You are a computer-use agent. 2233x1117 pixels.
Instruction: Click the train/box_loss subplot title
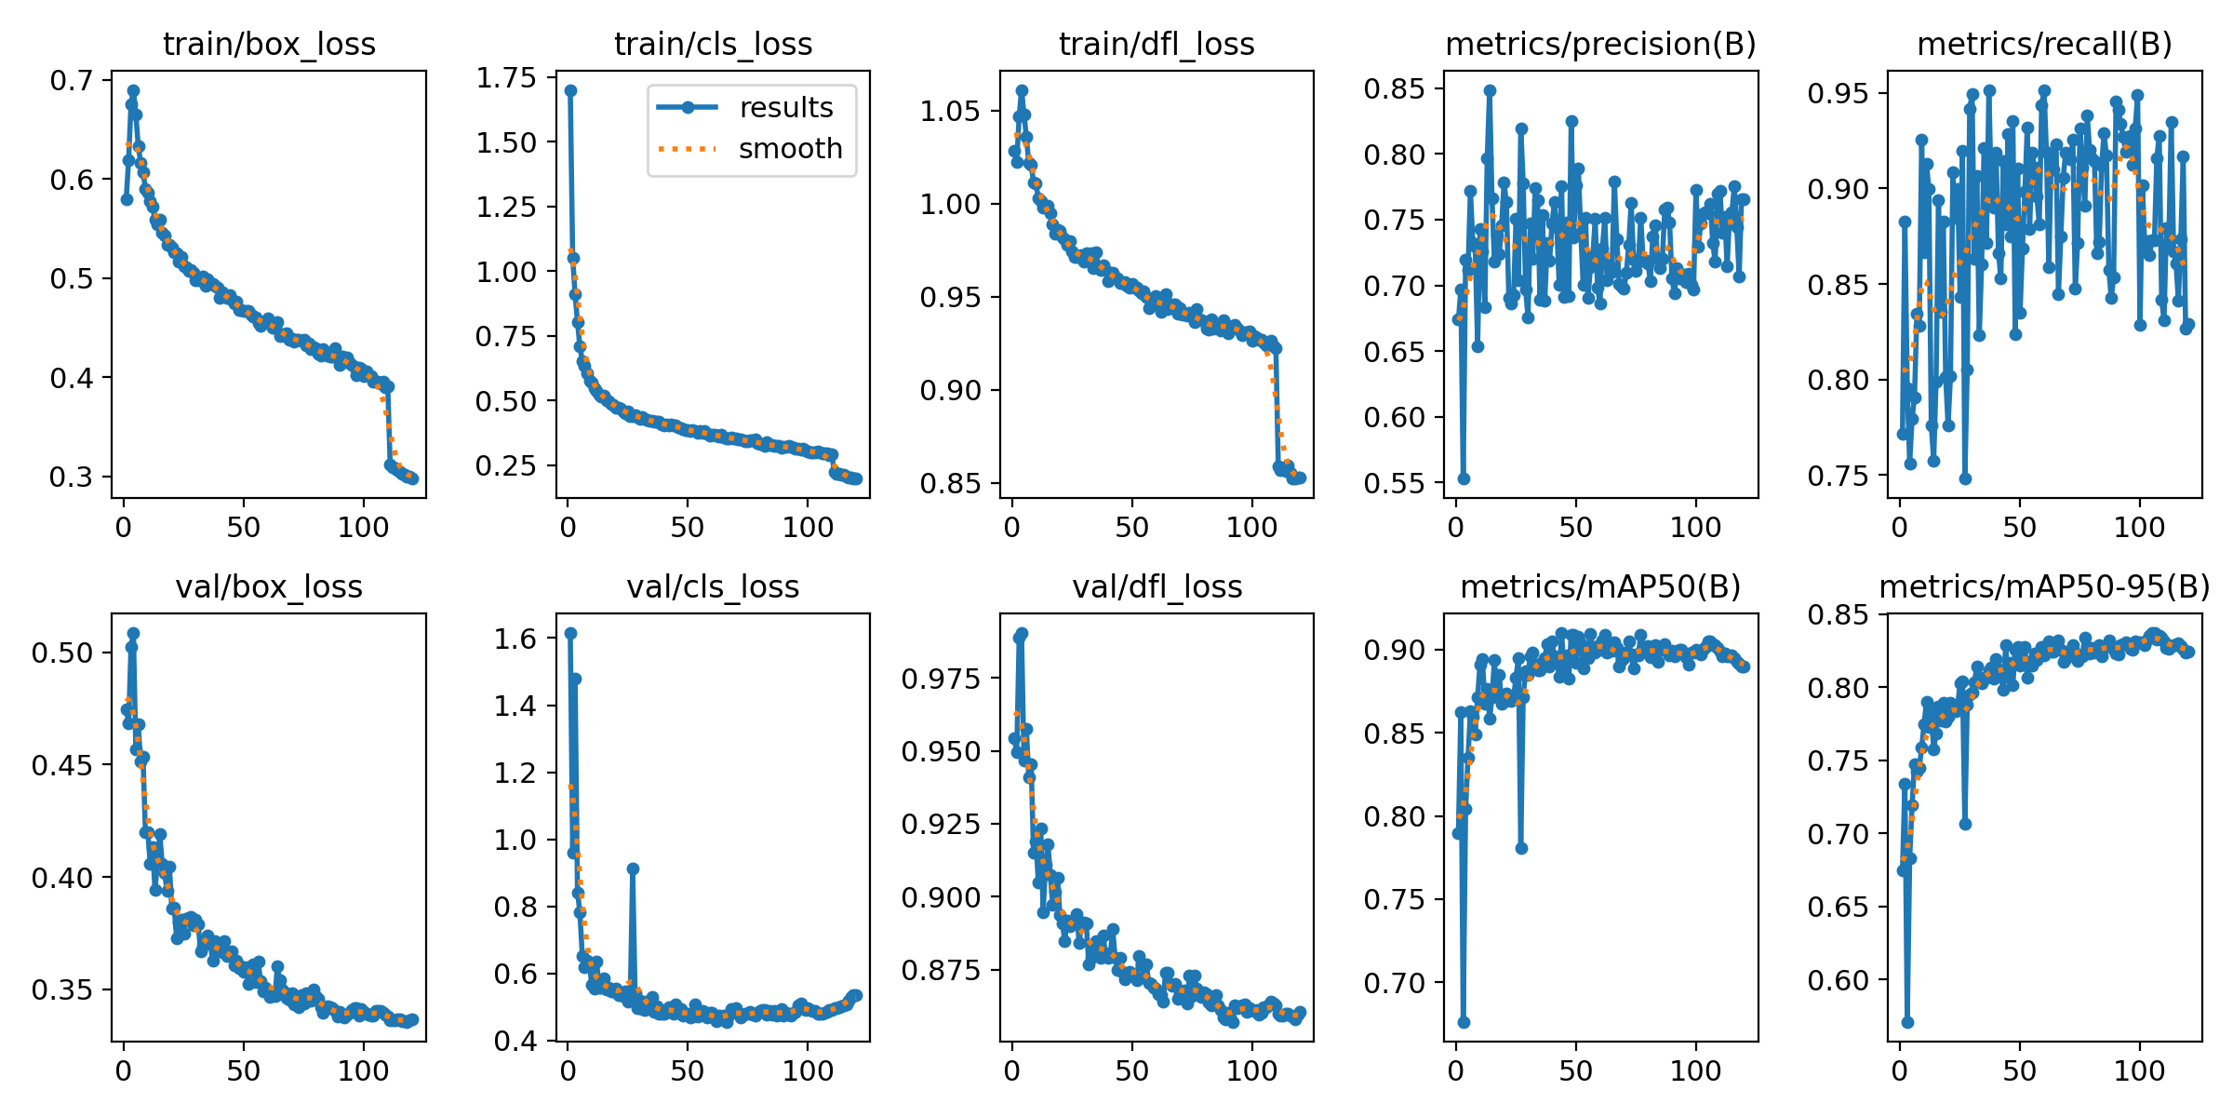[269, 44]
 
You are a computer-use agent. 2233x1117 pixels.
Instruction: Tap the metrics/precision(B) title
[1600, 44]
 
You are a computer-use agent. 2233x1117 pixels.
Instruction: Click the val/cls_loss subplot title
[713, 586]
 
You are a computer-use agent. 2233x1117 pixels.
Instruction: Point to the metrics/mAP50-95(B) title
[2044, 586]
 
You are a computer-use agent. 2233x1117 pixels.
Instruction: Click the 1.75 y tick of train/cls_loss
[507, 78]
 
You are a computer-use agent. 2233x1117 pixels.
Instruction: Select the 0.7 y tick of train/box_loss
[73, 81]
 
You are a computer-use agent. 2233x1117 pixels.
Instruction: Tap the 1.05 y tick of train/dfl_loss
[950, 112]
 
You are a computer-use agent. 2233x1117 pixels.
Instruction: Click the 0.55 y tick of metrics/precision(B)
[1394, 483]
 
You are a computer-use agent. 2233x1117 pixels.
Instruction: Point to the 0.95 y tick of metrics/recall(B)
[1838, 93]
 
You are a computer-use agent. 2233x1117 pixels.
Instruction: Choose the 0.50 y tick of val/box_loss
[63, 653]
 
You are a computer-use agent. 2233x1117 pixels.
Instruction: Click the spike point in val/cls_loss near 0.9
[633, 868]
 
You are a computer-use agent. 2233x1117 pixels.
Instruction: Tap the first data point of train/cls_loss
[570, 90]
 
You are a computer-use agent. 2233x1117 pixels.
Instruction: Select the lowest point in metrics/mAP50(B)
[1464, 1022]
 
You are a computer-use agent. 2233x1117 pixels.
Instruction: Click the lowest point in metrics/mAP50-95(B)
[1907, 1022]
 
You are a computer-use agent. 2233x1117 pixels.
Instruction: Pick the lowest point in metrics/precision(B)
[1464, 478]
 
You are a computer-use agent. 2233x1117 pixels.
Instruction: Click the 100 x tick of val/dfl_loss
[1251, 1071]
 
